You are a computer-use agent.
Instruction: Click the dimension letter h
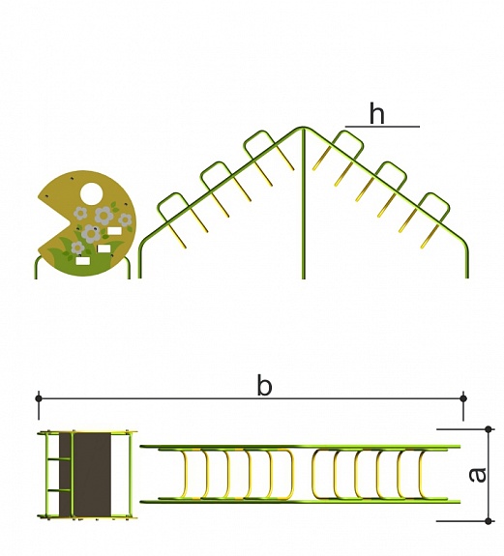(376, 113)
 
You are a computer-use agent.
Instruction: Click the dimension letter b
(264, 385)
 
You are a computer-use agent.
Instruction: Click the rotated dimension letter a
(477, 475)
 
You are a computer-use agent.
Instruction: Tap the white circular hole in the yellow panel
(92, 193)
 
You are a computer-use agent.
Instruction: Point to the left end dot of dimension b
(39, 398)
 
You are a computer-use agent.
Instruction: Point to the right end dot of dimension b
(462, 398)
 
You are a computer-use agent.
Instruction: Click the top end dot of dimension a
(489, 429)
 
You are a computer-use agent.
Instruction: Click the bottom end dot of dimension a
(489, 521)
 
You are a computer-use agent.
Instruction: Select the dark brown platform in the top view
(85, 475)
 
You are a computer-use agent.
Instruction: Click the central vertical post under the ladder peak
(303, 204)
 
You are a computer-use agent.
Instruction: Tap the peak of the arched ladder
(303, 128)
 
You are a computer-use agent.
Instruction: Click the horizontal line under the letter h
(382, 127)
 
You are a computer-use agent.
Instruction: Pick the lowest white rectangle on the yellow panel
(82, 261)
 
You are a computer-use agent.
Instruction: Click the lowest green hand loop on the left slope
(170, 209)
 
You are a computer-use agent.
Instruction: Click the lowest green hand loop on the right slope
(433, 208)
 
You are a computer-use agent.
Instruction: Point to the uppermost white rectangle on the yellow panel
(114, 231)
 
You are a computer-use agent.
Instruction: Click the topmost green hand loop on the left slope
(260, 145)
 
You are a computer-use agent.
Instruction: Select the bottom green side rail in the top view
(300, 502)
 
